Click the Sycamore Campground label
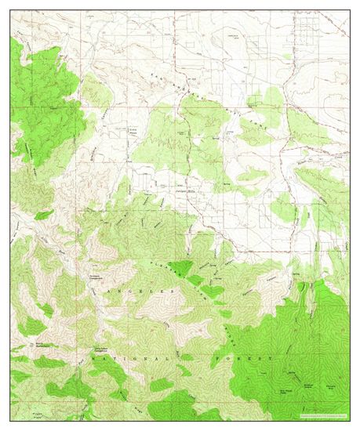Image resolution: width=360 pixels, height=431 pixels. [x=94, y=277]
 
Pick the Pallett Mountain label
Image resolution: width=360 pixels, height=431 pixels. [x=333, y=383]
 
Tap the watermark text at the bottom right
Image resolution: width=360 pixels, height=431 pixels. [x=318, y=415]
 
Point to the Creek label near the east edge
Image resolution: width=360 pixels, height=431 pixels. [x=339, y=157]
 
